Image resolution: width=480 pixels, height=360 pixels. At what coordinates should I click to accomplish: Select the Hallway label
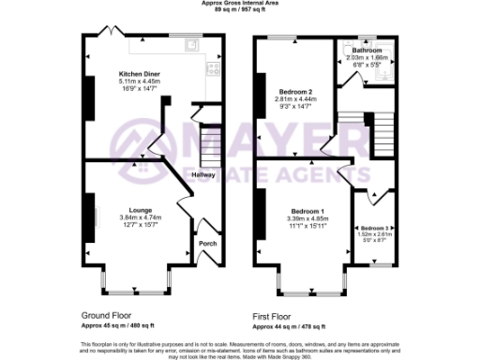click(203, 174)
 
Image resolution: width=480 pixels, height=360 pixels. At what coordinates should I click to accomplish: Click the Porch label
click(207, 244)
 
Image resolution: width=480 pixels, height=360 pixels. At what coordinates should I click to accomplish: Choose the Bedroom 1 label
click(307, 211)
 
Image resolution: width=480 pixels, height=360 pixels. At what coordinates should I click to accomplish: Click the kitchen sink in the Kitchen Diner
click(192, 43)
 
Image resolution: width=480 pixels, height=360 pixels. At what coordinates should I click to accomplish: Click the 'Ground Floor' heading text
click(105, 317)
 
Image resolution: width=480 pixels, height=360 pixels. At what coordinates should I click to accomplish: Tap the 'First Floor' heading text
click(275, 317)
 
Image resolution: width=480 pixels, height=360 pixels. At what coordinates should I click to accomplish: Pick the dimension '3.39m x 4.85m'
click(307, 218)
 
